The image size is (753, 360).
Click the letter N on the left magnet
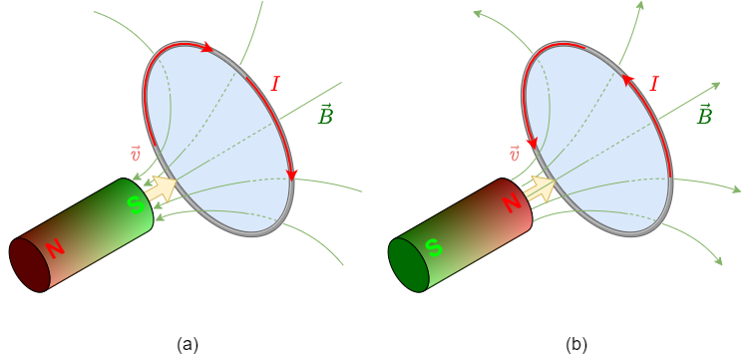click(54, 247)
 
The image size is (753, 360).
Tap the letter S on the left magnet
click(134, 204)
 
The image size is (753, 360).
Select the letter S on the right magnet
click(433, 247)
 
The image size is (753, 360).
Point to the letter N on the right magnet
click(511, 203)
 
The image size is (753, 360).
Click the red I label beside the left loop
click(275, 85)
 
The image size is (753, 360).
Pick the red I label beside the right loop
click(654, 85)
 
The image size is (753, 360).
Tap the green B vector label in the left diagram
click(325, 116)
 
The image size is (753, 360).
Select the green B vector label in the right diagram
click(704, 116)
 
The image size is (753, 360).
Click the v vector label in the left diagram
click(136, 154)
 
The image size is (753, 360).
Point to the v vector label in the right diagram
click(515, 154)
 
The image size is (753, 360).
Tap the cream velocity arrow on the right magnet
click(540, 187)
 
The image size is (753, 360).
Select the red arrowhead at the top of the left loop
click(206, 47)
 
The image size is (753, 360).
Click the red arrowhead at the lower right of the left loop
click(291, 176)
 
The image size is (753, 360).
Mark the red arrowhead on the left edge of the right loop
click(532, 144)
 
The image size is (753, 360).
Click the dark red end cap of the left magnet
click(29, 265)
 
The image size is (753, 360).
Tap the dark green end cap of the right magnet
click(408, 265)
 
